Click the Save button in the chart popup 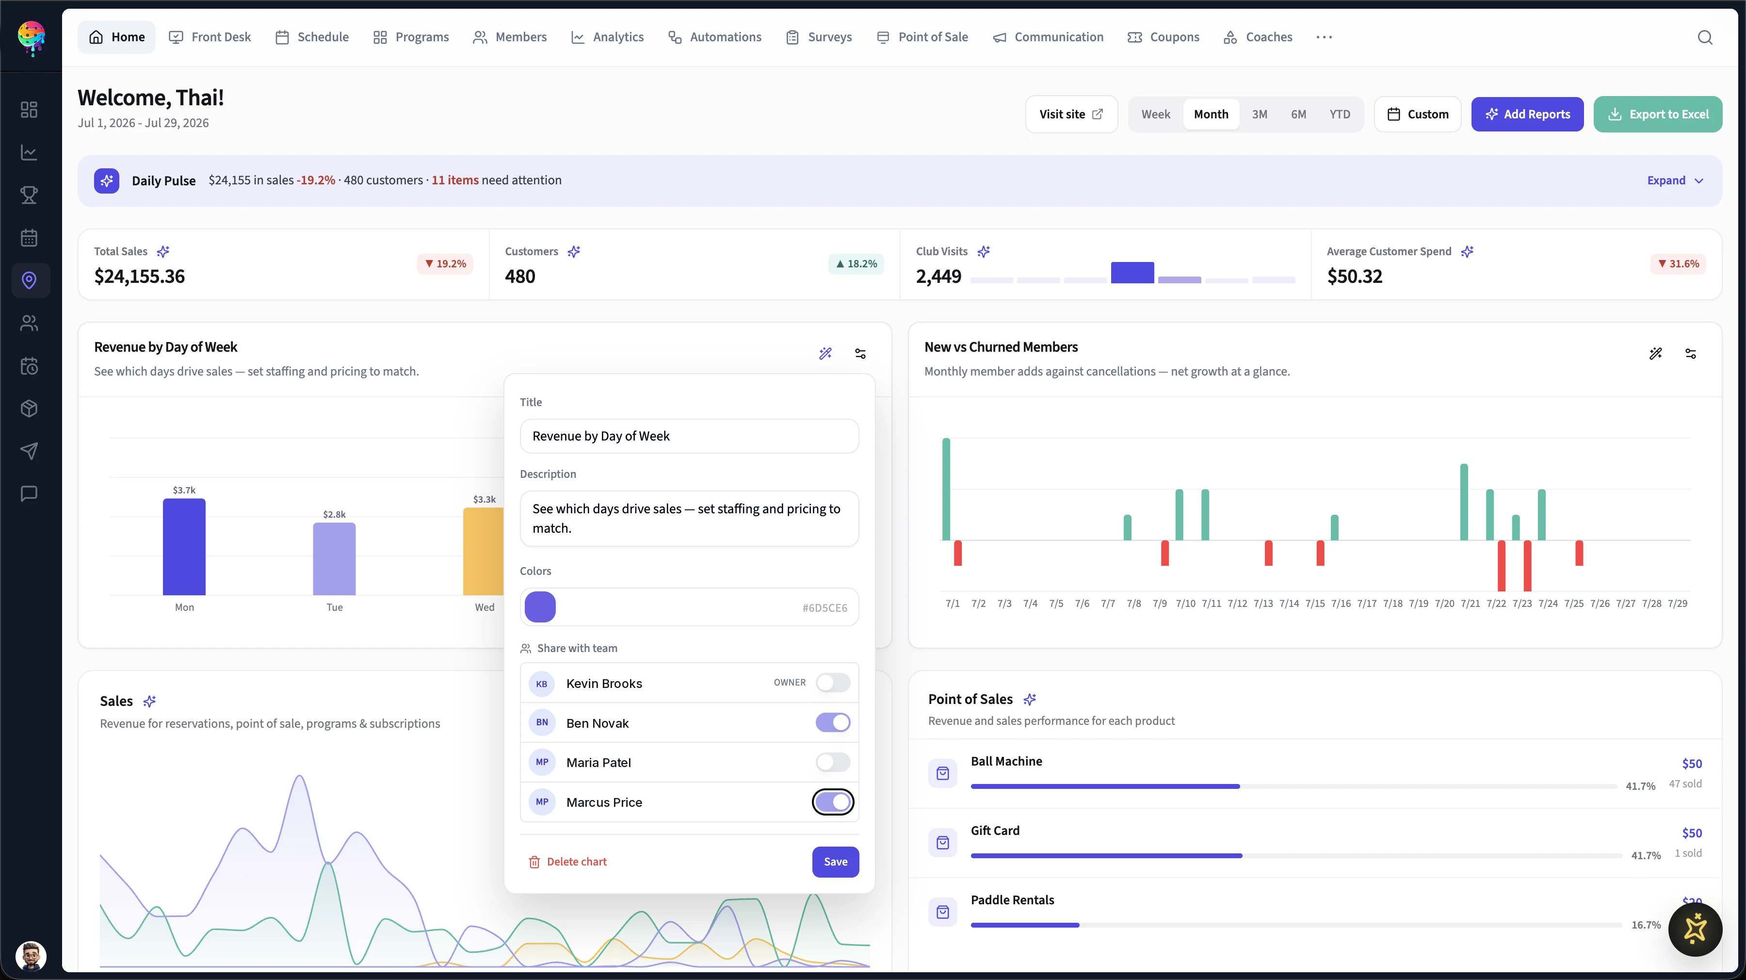click(835, 861)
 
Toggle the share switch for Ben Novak click(832, 722)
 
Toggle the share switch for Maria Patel click(832, 762)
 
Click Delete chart click(567, 861)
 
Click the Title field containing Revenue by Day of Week click(689, 436)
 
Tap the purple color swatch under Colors click(540, 607)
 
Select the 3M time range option click(1260, 114)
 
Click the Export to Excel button click(1657, 114)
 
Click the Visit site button click(1071, 114)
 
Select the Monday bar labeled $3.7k click(184, 547)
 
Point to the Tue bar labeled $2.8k click(334, 559)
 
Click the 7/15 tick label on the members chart click(1315, 604)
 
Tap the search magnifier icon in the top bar click(1705, 37)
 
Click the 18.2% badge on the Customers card click(857, 264)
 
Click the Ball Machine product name click(1006, 761)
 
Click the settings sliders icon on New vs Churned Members click(1690, 353)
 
